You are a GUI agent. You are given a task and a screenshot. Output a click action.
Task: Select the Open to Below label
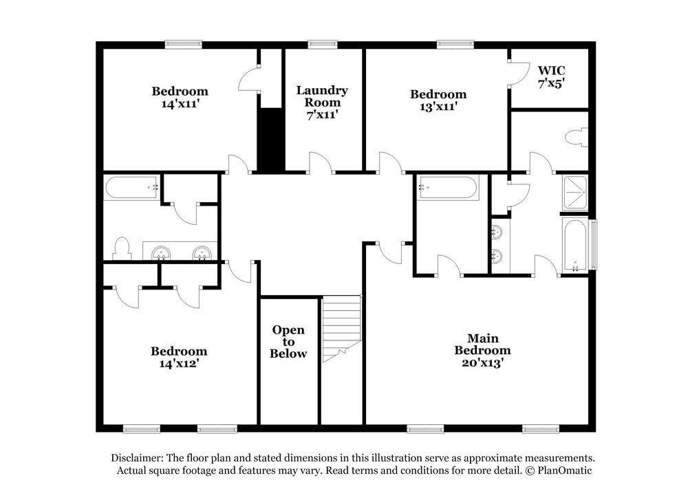pyautogui.click(x=288, y=342)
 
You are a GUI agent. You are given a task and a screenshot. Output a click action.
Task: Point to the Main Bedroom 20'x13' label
pyautogui.click(x=482, y=350)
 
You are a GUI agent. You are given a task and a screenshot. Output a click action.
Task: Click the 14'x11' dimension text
pyautogui.click(x=180, y=104)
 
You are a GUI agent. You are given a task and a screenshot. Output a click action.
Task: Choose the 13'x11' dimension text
pyautogui.click(x=438, y=107)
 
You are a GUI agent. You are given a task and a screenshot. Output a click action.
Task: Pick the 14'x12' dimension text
pyautogui.click(x=179, y=364)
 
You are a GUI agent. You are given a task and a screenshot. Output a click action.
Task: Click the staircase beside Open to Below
pyautogui.click(x=342, y=327)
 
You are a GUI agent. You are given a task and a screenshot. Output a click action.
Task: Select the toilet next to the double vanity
pyautogui.click(x=122, y=248)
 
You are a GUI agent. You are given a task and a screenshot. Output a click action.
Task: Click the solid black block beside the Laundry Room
pyautogui.click(x=271, y=139)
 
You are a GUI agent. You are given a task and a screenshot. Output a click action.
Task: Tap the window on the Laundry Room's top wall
pyautogui.click(x=323, y=45)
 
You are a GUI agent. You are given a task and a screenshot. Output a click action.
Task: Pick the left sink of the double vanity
pyautogui.click(x=162, y=253)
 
